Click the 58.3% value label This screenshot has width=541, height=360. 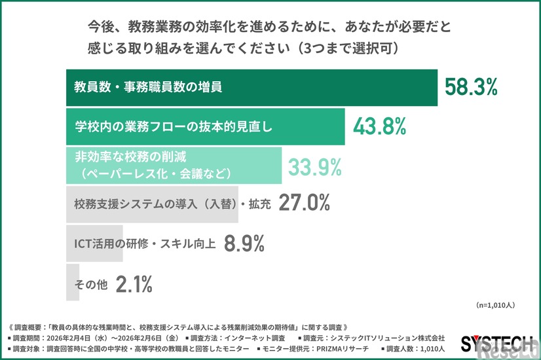[471, 86]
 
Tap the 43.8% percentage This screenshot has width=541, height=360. [380, 126]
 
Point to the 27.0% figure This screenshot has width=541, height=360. [303, 203]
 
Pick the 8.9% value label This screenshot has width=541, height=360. [244, 243]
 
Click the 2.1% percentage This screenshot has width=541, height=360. [134, 283]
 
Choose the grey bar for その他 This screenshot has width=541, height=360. [72, 283]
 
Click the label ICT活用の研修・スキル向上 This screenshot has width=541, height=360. [142, 243]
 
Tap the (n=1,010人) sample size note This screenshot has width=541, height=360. [494, 305]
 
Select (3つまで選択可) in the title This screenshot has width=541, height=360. [347, 48]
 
